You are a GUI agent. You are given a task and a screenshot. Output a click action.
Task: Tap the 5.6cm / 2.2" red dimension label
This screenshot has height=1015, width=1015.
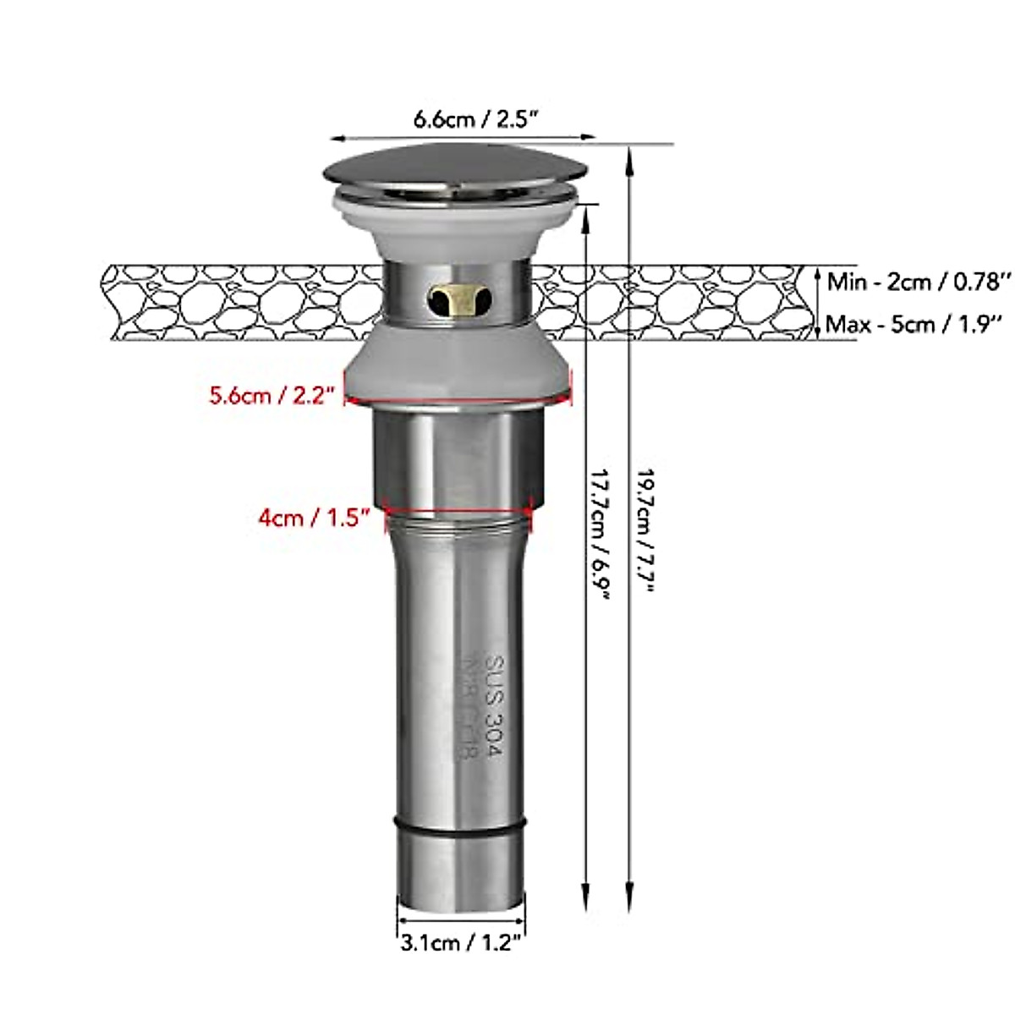pyautogui.click(x=273, y=395)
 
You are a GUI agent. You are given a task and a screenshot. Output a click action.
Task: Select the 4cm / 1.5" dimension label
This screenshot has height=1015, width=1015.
pyautogui.click(x=315, y=518)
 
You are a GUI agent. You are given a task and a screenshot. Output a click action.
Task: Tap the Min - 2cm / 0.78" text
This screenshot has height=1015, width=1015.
pyautogui.click(x=919, y=281)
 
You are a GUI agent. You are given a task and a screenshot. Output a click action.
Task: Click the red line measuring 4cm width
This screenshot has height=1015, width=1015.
pyautogui.click(x=458, y=511)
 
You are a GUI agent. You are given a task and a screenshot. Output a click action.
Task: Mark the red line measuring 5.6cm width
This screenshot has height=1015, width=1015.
pyautogui.click(x=458, y=401)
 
